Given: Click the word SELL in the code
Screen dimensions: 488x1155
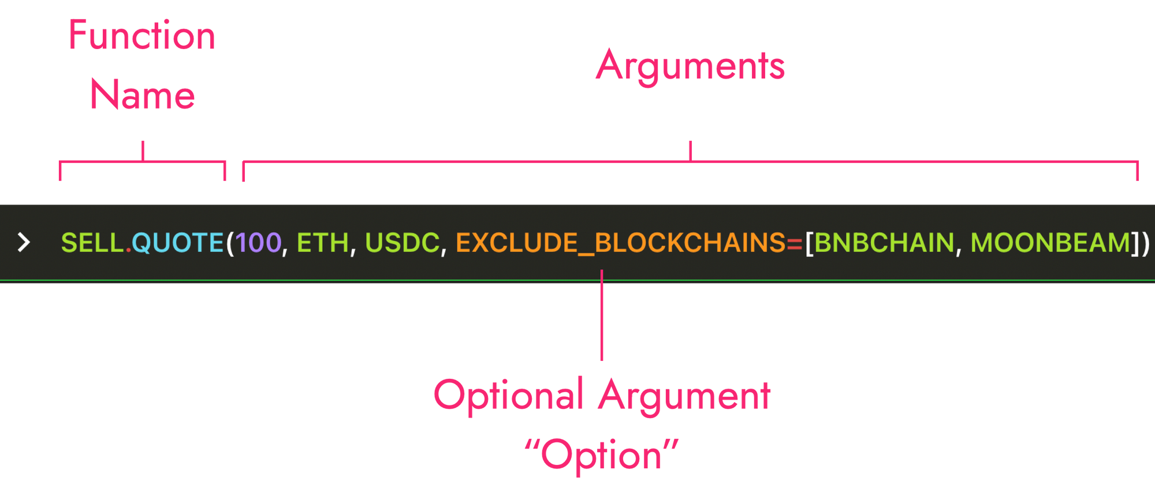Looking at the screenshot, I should pos(93,243).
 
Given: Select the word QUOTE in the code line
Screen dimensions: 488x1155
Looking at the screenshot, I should pos(178,243).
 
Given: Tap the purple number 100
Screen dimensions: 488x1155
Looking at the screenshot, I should pos(258,243).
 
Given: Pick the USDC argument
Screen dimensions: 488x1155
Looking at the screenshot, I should pos(402,243).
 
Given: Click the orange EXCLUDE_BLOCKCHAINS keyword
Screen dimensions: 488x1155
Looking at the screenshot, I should pos(620,243).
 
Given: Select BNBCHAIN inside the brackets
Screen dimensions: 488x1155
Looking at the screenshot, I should pos(884,243).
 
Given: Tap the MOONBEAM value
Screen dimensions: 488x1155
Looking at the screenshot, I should pos(1050,243).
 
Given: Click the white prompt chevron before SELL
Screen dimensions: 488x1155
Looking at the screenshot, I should pos(24,243).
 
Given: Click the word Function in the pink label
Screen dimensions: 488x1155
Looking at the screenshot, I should pos(141,36).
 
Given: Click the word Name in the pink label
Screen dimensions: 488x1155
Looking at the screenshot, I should pos(142,95).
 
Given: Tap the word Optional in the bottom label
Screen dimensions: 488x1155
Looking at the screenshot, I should pos(508,396).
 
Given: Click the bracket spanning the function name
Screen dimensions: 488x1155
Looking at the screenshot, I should pos(142,163).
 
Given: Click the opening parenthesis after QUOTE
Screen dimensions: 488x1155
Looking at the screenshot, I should pos(230,243).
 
